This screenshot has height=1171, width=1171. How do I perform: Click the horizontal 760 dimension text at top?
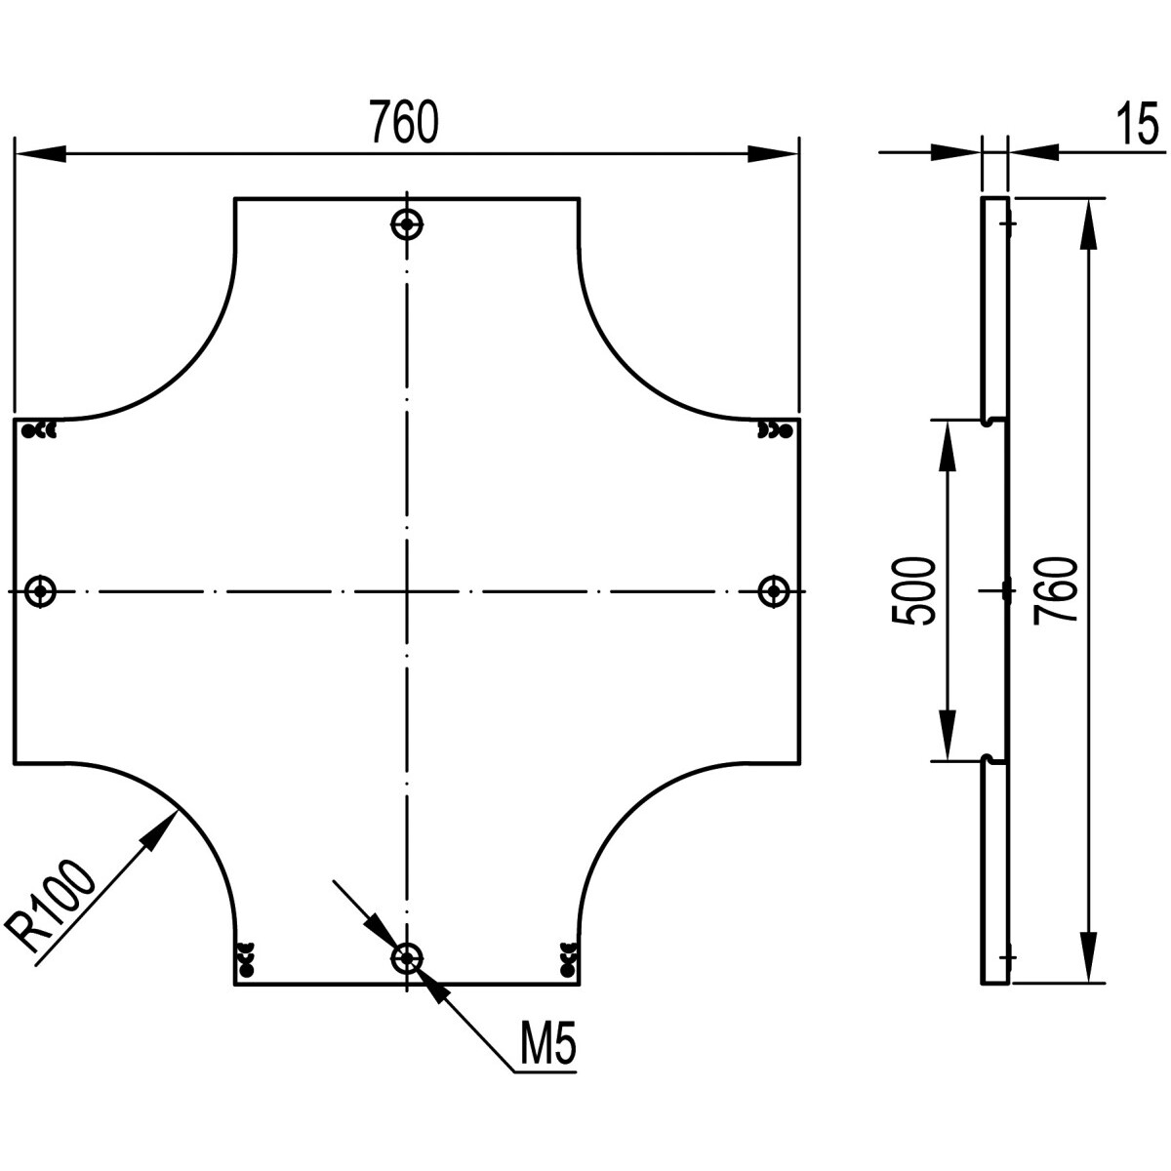404,122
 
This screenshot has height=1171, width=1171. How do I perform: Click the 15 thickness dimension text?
1134,125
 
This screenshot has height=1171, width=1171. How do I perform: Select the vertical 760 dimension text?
1056,590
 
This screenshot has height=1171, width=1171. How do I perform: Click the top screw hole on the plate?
407,224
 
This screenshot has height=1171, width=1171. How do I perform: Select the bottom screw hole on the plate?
407,958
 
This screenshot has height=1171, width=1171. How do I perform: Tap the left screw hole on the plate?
40,590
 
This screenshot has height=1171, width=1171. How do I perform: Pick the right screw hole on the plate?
774,590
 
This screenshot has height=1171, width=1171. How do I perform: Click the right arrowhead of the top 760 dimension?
773,153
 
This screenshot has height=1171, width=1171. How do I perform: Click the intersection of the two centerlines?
407,591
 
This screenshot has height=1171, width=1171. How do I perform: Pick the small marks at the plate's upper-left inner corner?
42,428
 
